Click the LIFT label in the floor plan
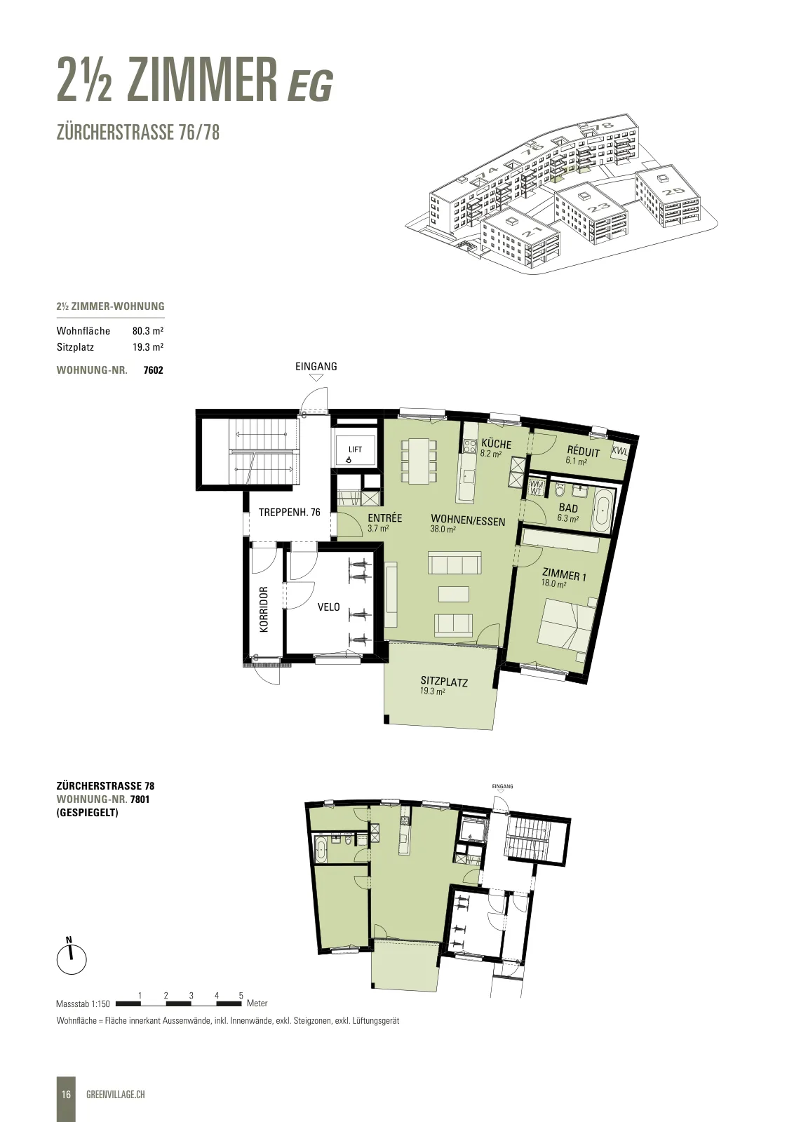click(x=355, y=450)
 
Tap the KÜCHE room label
click(x=496, y=444)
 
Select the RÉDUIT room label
click(x=583, y=452)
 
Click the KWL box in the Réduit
click(x=619, y=451)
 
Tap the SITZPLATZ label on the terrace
click(x=444, y=682)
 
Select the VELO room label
click(x=329, y=607)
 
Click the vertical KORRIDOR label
click(x=264, y=609)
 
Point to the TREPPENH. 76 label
click(x=289, y=513)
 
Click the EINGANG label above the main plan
click(x=316, y=366)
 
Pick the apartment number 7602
click(x=154, y=370)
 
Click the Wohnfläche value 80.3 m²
click(x=148, y=330)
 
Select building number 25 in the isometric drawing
click(x=673, y=191)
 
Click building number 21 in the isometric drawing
click(x=531, y=232)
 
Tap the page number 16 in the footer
click(x=66, y=1095)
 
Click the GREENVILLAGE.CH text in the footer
click(x=116, y=1095)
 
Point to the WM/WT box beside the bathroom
click(x=535, y=487)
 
